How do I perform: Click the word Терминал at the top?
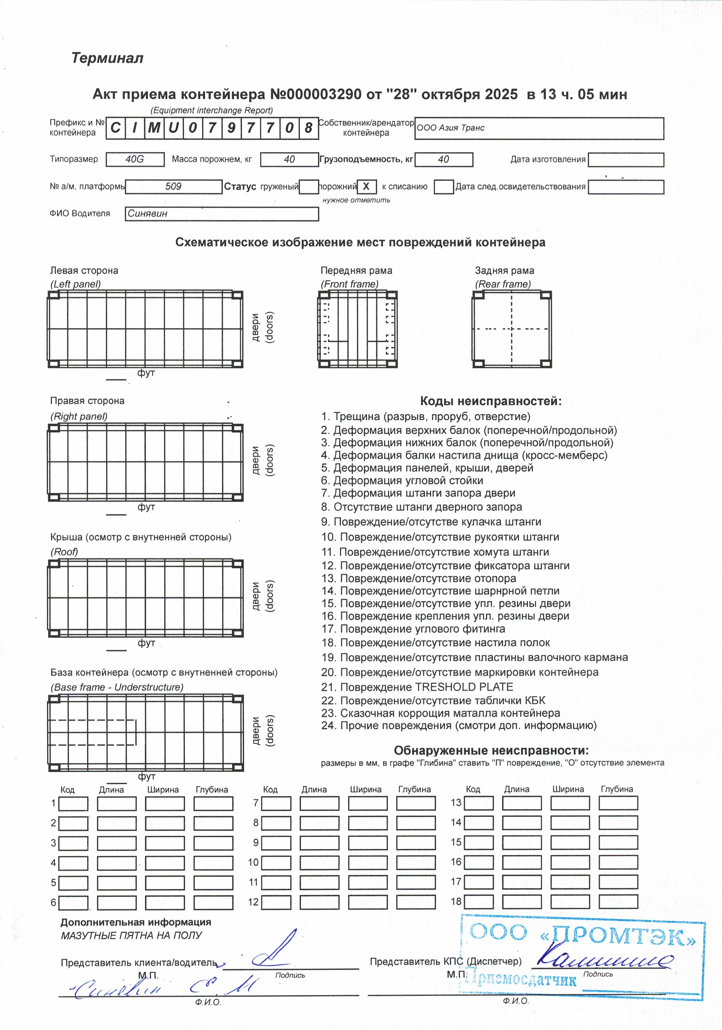point(107,58)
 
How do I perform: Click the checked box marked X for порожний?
point(366,187)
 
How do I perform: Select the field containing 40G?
point(135,159)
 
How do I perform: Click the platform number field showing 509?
point(174,187)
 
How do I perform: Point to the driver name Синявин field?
point(222,214)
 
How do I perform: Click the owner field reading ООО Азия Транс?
point(539,128)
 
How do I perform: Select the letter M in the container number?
point(154,128)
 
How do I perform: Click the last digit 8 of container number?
point(309,128)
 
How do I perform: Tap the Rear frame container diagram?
point(512,329)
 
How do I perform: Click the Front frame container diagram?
point(358,329)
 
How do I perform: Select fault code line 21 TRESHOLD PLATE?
point(417,687)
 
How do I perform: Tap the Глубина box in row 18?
point(618,902)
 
